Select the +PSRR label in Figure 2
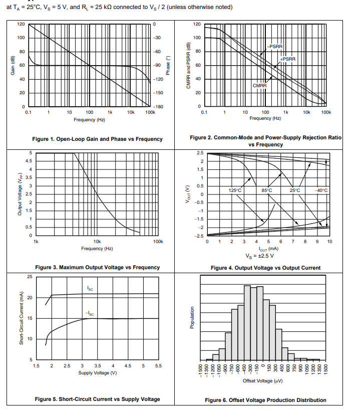click(x=288, y=59)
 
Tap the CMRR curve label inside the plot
click(x=259, y=86)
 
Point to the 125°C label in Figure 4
click(x=235, y=190)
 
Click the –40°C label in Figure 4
click(x=321, y=190)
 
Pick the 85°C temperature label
click(x=266, y=190)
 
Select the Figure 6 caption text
click(x=265, y=400)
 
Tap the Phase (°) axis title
click(x=169, y=65)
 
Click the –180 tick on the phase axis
click(x=157, y=107)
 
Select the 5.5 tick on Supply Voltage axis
click(x=158, y=366)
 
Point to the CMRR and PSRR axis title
click(x=189, y=65)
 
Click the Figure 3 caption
click(x=97, y=267)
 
